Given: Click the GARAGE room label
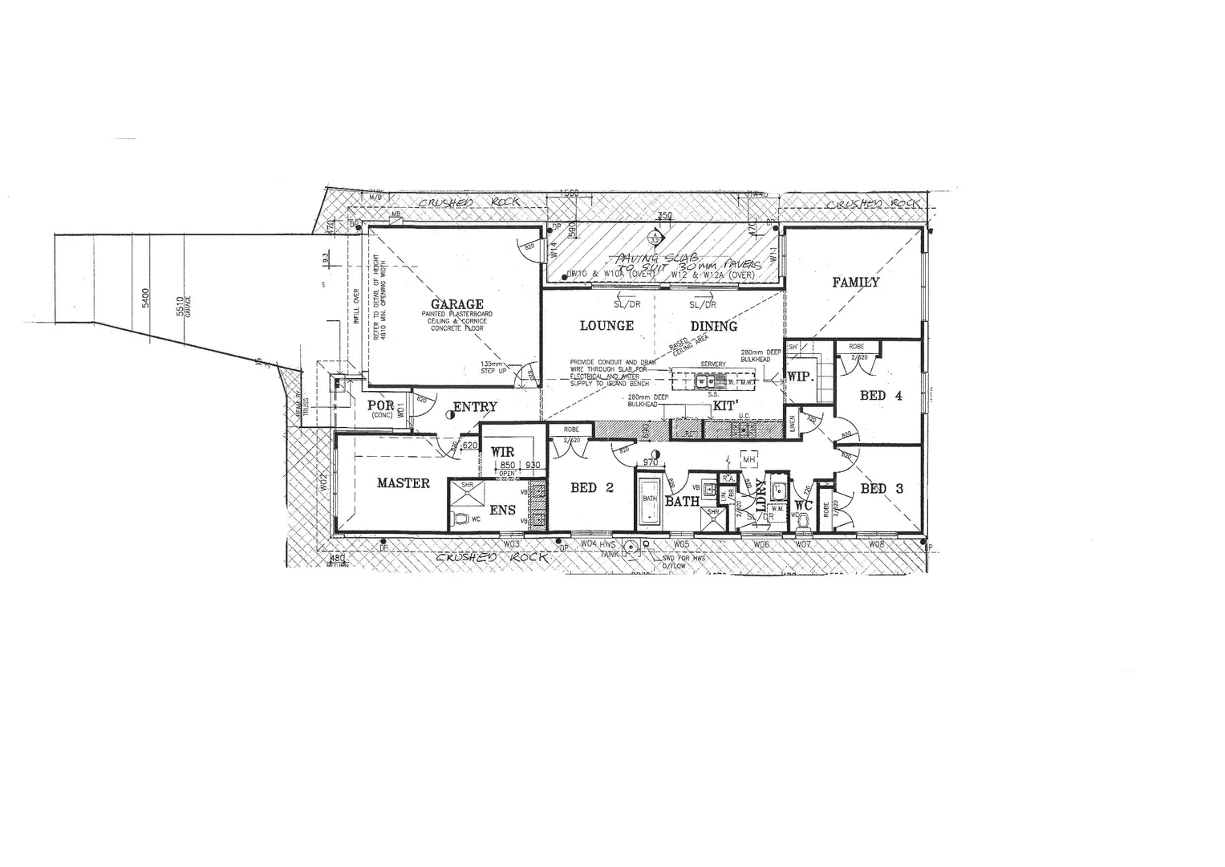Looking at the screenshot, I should coord(457,304).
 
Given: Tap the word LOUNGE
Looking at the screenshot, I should coord(606,325).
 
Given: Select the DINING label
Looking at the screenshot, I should coord(714,326).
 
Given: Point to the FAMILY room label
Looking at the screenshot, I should coord(855,282).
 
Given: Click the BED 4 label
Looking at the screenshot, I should coord(881,395).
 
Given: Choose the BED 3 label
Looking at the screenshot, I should coord(882,488).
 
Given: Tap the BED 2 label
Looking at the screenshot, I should coord(592,487).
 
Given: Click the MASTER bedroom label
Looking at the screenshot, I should coord(404,483).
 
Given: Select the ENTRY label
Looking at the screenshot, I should coord(475,407).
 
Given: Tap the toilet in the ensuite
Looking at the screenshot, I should coord(461,519).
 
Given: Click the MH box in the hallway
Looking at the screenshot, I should coord(750,458).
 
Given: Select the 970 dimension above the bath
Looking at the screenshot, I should coord(650,462).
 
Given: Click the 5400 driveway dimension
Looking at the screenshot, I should coord(145,299).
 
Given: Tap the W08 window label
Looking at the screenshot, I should coord(876,544).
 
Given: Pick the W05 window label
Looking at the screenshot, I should coord(682,544).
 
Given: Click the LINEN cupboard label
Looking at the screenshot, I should coord(792,424).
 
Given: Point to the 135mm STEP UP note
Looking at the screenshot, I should coord(494,367).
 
